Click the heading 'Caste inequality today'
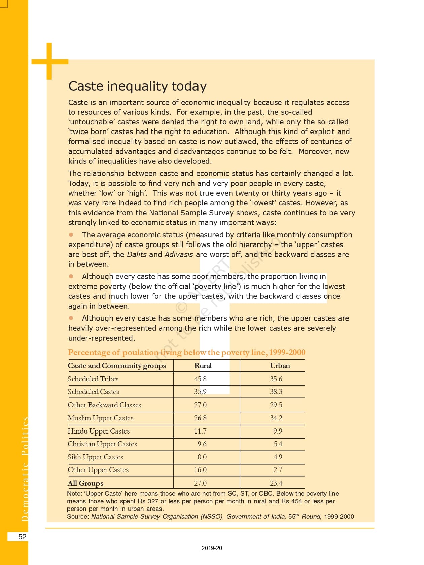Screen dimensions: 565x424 click(x=137, y=86)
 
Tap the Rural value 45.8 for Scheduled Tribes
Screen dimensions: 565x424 click(x=200, y=379)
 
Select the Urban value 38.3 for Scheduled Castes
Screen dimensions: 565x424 click(x=276, y=392)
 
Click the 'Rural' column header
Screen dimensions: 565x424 click(x=203, y=366)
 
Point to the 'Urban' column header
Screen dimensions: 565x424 click(x=280, y=366)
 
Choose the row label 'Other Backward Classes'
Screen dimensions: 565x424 click(x=104, y=405)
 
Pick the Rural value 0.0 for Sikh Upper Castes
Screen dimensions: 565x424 click(x=202, y=457)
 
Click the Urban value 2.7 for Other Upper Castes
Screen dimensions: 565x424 click(x=278, y=470)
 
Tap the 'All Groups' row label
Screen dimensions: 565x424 click(x=85, y=483)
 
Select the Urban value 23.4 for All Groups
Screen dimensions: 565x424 click(x=276, y=483)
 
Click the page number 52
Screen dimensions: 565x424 click(x=22, y=537)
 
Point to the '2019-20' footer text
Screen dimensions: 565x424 click(x=212, y=548)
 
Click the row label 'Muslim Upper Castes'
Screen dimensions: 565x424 click(x=100, y=418)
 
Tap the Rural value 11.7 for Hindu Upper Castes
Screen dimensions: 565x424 click(x=200, y=431)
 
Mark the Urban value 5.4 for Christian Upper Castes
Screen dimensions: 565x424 click(x=278, y=444)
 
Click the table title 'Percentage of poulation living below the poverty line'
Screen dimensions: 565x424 click(x=186, y=352)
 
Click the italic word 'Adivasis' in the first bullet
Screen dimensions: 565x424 click(x=179, y=255)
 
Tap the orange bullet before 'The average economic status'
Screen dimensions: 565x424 click(x=71, y=234)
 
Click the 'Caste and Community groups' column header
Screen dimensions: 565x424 click(x=117, y=366)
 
